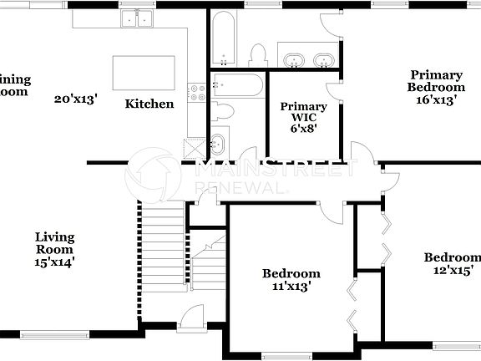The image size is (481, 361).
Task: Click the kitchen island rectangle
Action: pyautogui.click(x=144, y=73)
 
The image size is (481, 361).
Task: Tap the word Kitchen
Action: pyautogui.click(x=149, y=104)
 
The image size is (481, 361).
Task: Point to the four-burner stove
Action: pyautogui.click(x=197, y=93)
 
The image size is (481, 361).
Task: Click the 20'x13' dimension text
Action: pyautogui.click(x=76, y=99)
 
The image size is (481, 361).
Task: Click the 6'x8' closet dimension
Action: pyautogui.click(x=304, y=129)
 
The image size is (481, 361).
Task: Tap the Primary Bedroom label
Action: pyautogui.click(x=436, y=81)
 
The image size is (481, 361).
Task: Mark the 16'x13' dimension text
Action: pyautogui.click(x=436, y=100)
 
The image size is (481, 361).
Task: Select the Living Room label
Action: pyautogui.click(x=54, y=243)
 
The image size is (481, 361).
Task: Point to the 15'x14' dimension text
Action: pyautogui.click(x=54, y=262)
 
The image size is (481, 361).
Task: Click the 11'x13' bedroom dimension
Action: pyautogui.click(x=291, y=287)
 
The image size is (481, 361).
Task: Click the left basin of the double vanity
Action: pyautogui.click(x=293, y=60)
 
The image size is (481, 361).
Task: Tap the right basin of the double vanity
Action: pyautogui.click(x=323, y=60)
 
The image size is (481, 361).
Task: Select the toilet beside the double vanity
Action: pyautogui.click(x=257, y=55)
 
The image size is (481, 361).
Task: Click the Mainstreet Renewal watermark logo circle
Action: pyautogui.click(x=153, y=175)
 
